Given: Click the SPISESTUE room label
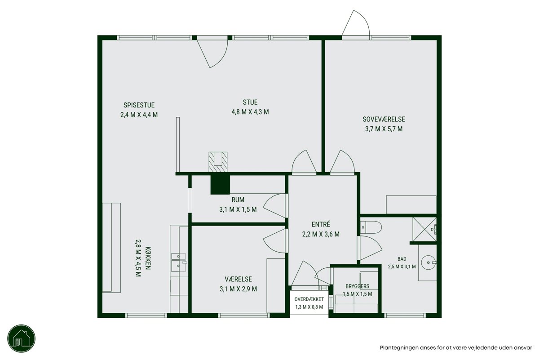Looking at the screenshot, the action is coord(139,105).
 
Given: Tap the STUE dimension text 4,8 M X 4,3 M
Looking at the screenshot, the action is coord(250,112).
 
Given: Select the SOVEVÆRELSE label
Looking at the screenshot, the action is coord(384,119).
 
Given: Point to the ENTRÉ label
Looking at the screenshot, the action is coord(321,224).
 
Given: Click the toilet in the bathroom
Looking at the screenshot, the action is coord(371,227).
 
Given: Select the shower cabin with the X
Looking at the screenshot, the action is coord(424,229).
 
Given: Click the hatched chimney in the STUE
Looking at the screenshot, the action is coord(218,162).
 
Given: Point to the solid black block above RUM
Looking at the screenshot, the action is coord(220,185).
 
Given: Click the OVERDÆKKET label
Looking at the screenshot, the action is coord(309,299).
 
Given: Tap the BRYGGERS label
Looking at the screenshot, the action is coord(358,286).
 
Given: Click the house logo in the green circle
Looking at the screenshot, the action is coord(22,338).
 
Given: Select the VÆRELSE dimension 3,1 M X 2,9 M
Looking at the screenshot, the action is coord(238,289).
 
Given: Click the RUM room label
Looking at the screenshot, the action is coord(238,200).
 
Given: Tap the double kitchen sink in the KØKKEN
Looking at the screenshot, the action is coord(178,262).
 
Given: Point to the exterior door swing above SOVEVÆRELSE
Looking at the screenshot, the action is coord(356,23).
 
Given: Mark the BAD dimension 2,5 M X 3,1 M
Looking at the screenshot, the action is coord(402,267).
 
